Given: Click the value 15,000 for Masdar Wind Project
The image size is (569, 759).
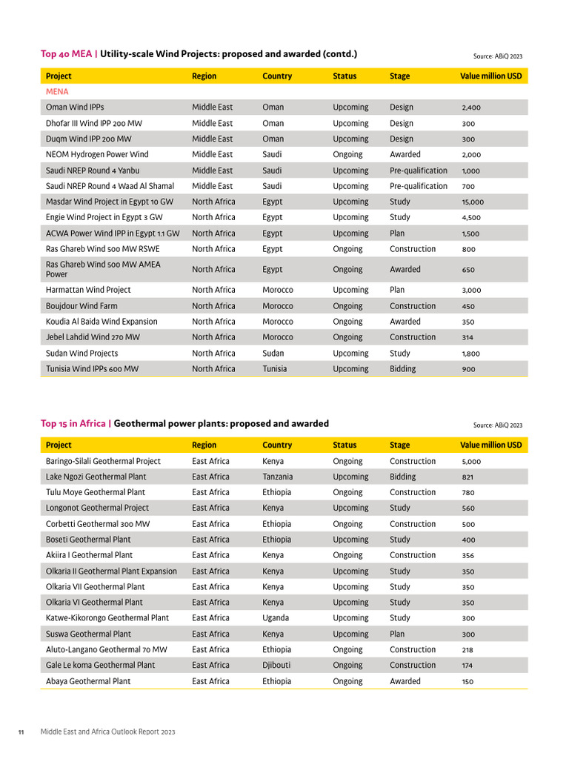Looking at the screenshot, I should (473, 202).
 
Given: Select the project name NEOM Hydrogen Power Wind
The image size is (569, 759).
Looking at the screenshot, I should (97, 155).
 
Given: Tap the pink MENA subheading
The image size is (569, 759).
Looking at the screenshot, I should (57, 92).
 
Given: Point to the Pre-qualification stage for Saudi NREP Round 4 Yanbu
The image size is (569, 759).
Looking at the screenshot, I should (419, 170).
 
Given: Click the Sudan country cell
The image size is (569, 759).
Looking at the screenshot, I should (273, 354).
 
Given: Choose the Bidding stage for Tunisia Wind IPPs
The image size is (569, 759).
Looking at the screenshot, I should (403, 369).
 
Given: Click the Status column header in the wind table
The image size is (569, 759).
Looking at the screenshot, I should (345, 76).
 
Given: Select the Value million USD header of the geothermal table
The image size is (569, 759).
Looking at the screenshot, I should (490, 445).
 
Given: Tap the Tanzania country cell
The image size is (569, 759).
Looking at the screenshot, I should (277, 477).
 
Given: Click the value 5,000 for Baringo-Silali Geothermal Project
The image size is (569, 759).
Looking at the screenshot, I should (472, 462).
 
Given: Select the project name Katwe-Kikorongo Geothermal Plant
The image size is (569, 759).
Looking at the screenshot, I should (107, 618).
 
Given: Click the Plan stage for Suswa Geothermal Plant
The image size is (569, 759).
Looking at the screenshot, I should (397, 634).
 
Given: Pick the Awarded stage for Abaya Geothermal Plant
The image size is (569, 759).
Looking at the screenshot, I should (405, 681).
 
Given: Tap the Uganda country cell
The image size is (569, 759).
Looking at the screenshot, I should (276, 618).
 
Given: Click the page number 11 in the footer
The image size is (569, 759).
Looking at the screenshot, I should (21, 732).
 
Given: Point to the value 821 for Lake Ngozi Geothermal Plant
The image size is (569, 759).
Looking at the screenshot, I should (468, 477).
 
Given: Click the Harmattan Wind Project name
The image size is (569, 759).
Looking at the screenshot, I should (88, 291).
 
